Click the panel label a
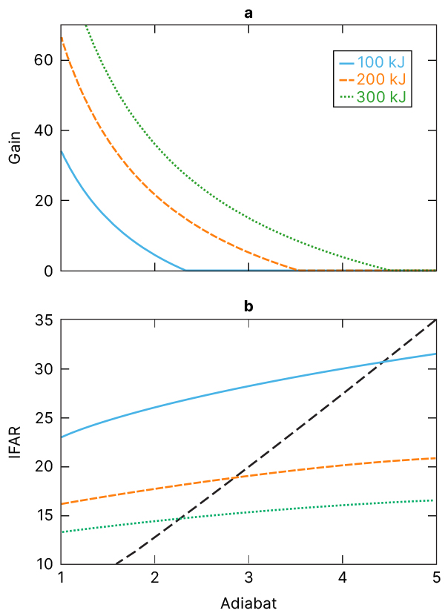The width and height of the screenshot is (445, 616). (x=248, y=12)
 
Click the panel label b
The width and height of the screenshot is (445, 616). (x=248, y=306)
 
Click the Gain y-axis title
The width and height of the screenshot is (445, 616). (x=15, y=148)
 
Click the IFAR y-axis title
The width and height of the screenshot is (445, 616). (x=15, y=442)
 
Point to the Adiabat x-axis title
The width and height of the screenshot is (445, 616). (x=248, y=603)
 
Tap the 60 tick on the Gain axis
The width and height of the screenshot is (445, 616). (x=45, y=60)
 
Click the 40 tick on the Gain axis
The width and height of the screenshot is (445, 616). (x=45, y=130)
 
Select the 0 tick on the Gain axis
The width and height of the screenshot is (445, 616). (x=49, y=271)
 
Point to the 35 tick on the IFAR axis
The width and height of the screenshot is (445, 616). (x=45, y=321)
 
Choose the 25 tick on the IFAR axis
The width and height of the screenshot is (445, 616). (x=45, y=418)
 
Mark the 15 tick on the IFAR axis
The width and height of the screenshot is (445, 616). (x=45, y=516)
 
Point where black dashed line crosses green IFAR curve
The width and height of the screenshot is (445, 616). (x=180, y=517)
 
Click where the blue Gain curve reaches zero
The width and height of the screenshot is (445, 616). (x=185, y=270)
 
